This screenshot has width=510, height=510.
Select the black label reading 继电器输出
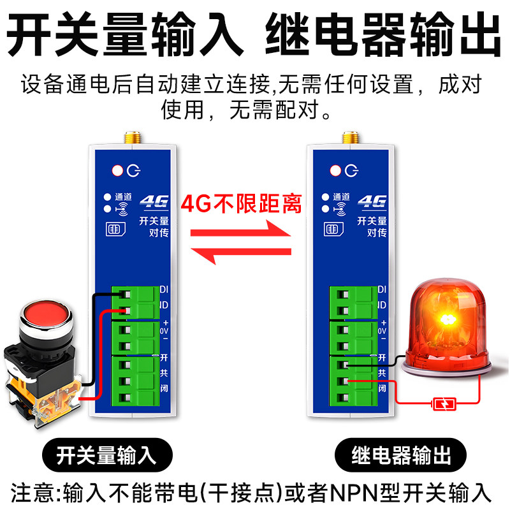click(402, 455)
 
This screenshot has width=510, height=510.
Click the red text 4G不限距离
click(242, 203)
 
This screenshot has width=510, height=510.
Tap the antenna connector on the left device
click(131, 137)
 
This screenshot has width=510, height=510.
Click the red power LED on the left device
click(117, 170)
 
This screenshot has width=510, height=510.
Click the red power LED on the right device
click(335, 170)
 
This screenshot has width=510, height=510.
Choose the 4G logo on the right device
click(372, 202)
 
